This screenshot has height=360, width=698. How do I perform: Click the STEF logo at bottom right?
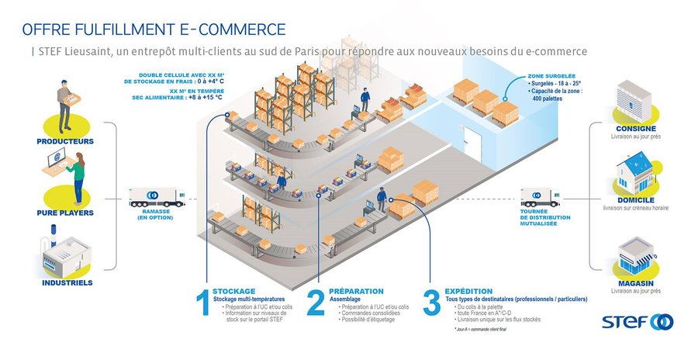tap(638, 322)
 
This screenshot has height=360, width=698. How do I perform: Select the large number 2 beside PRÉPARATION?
tap(316, 303)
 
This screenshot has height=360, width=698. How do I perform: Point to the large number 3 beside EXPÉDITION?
tap(432, 303)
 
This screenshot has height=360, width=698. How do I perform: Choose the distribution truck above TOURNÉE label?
tap(541, 196)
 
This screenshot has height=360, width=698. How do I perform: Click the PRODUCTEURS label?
tap(65, 141)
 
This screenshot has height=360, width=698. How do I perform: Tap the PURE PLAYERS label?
tap(65, 211)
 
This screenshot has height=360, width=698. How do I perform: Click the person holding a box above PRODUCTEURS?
tap(66, 104)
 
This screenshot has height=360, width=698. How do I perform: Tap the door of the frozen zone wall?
tap(472, 148)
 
